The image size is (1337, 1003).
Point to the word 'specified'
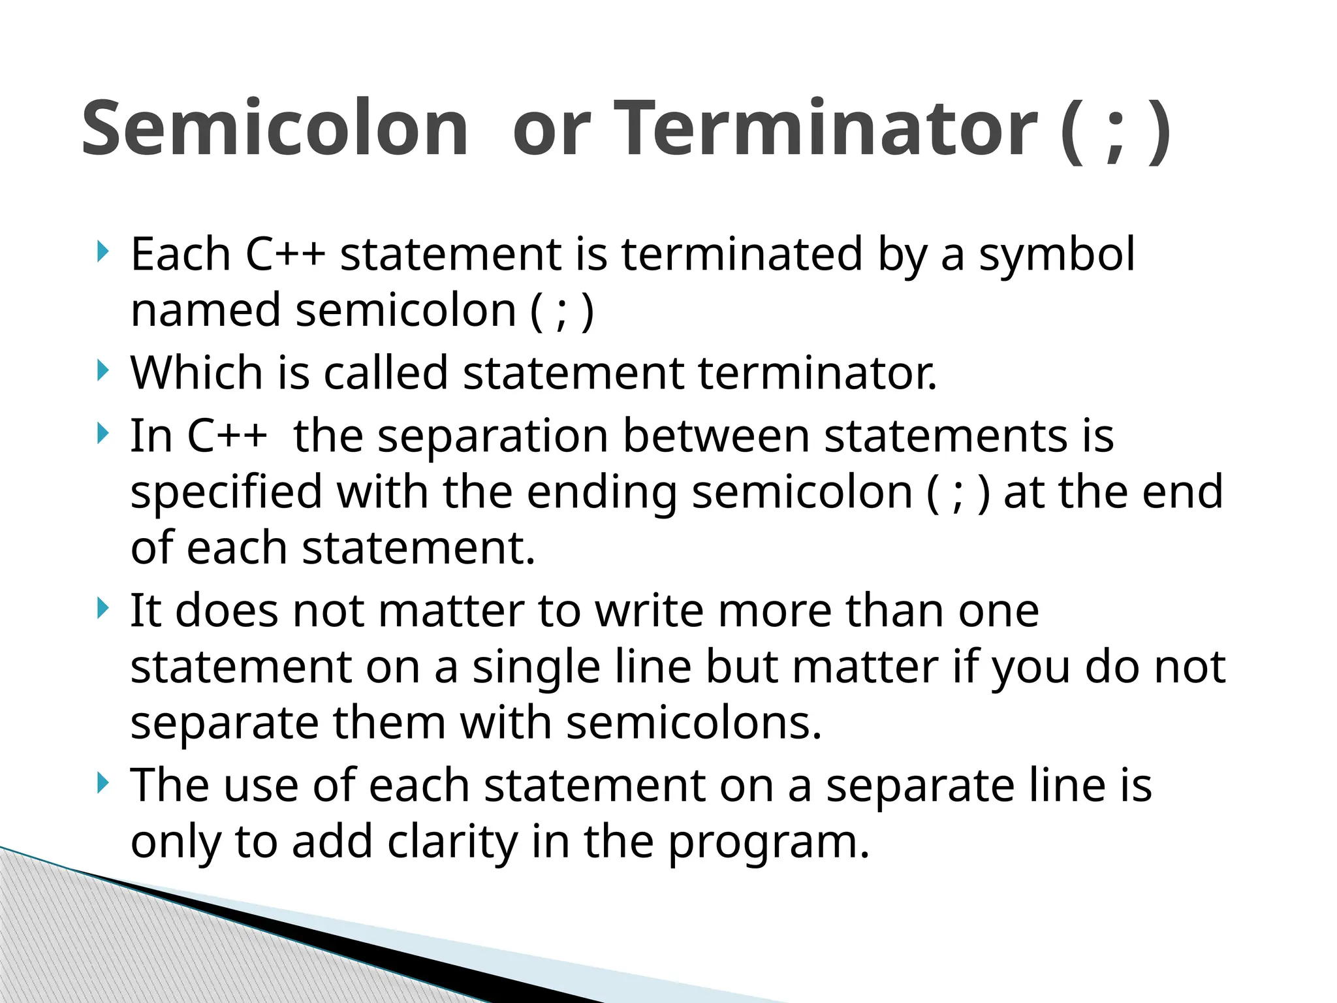(226, 493)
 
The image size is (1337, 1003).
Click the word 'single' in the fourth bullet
(536, 669)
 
